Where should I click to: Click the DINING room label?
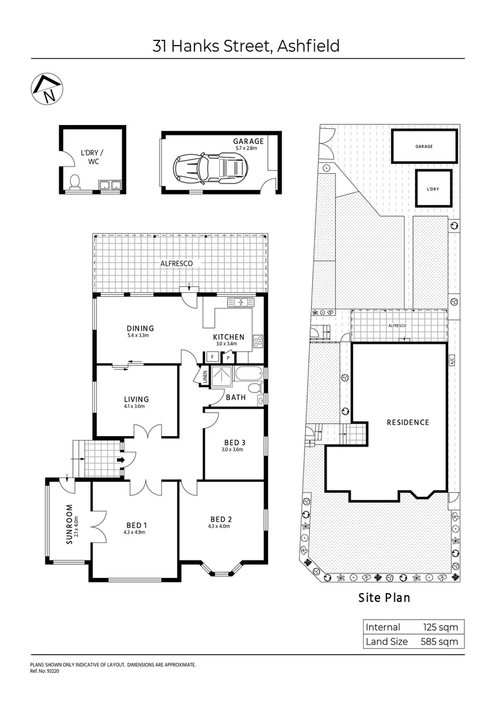[x=140, y=329]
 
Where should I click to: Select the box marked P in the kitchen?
[x=228, y=357]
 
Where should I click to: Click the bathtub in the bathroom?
[x=249, y=374]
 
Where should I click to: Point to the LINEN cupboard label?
[x=204, y=376]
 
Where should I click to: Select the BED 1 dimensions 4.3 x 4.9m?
[x=135, y=532]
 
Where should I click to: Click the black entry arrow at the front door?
[x=120, y=460]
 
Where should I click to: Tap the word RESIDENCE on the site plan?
[x=408, y=422]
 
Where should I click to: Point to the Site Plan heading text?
[x=385, y=598]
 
